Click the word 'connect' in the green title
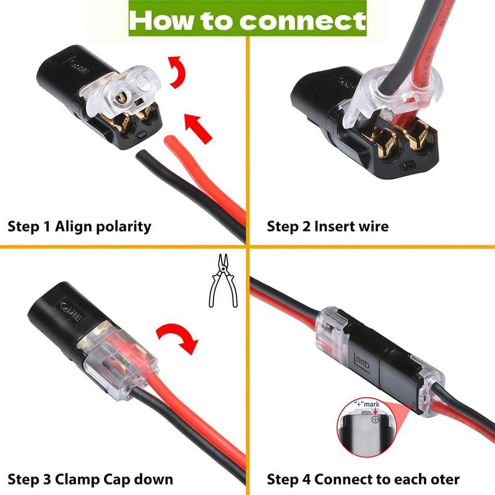point(303,20)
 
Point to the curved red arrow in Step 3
point(178,340)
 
